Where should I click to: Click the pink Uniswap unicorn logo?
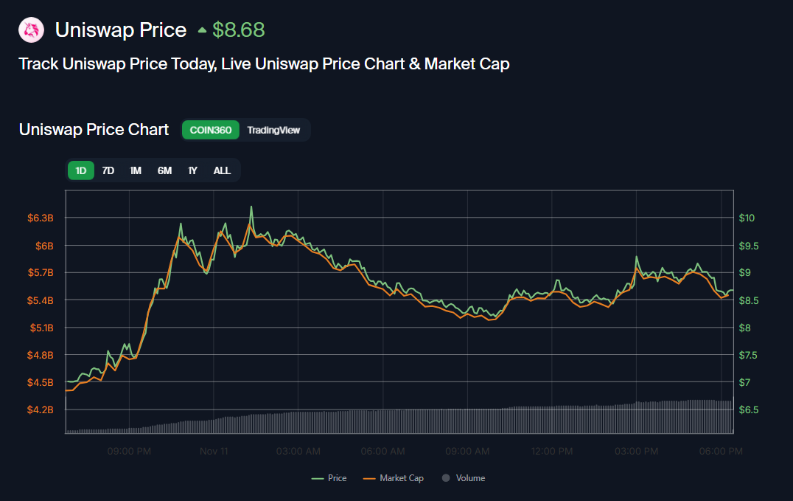coord(31,30)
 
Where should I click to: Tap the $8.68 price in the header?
coord(238,30)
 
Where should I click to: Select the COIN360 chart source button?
coord(211,130)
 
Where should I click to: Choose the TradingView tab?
coord(273,130)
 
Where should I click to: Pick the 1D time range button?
coord(81,170)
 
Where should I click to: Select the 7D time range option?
coord(108,170)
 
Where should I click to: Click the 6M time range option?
coord(164,170)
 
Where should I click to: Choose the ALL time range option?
coord(222,170)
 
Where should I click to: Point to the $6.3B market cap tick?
coord(41,218)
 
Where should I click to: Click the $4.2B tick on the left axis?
coord(41,410)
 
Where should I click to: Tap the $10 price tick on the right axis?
coord(747,218)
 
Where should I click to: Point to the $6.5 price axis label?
coord(749,410)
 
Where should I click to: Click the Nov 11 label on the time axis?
coord(214,451)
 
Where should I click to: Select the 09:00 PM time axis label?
coord(129,451)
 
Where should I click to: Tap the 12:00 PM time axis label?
coord(552,451)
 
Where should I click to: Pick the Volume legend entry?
coord(464,478)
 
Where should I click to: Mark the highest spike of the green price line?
coord(251,207)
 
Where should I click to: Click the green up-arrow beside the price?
coord(202,31)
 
